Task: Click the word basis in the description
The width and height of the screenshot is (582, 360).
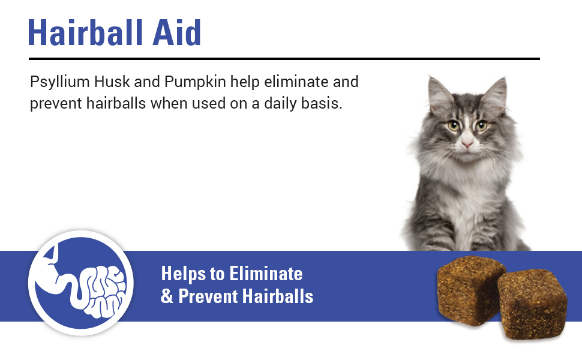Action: tap(325, 103)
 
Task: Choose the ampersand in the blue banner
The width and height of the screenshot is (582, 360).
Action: tap(166, 296)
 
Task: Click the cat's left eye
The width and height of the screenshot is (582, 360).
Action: tap(453, 126)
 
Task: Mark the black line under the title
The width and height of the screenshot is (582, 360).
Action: tap(284, 59)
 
